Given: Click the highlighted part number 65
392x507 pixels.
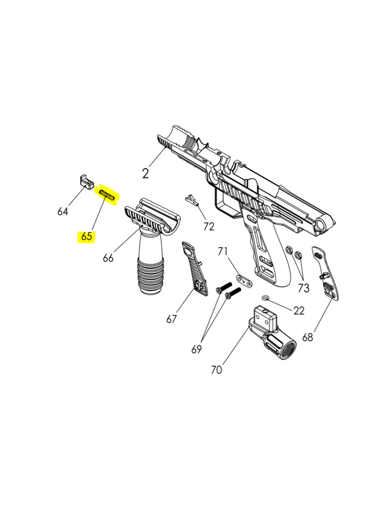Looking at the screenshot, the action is point(87,237).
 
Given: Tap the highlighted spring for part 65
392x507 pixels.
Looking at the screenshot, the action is point(107,195).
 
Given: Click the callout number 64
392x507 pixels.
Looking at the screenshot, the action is point(63,212).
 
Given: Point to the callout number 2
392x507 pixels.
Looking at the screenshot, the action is point(145,174).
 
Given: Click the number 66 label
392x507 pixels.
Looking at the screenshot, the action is point(108,258).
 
